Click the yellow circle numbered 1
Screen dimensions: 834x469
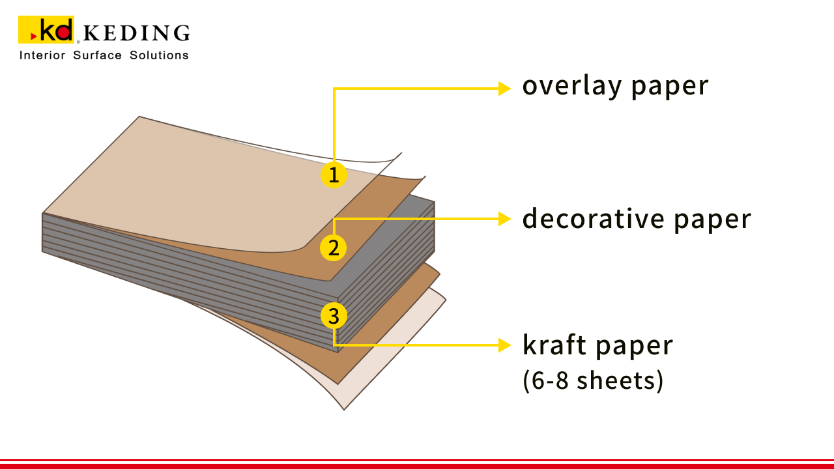pos(334,175)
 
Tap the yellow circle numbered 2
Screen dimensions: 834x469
pos(333,248)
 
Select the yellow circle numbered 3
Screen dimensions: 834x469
pos(334,316)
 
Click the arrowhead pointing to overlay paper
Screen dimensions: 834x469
pos(504,89)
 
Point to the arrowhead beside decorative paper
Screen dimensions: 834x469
pos(504,219)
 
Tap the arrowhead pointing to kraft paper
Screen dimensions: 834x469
pos(504,345)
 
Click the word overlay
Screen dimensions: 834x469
pos(572,87)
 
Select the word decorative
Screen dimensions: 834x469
pos(593,218)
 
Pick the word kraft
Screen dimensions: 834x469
pos(554,345)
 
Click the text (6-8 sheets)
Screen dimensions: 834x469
pos(593,381)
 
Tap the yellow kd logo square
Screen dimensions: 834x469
pos(46,29)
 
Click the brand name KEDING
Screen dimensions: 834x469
pos(137,33)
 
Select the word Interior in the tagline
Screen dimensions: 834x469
pos(42,55)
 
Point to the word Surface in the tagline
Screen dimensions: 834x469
pos(97,55)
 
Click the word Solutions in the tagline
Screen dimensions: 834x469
pos(159,55)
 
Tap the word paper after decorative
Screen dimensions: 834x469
pos(712,221)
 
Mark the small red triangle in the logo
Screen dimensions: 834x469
pos(33,36)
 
